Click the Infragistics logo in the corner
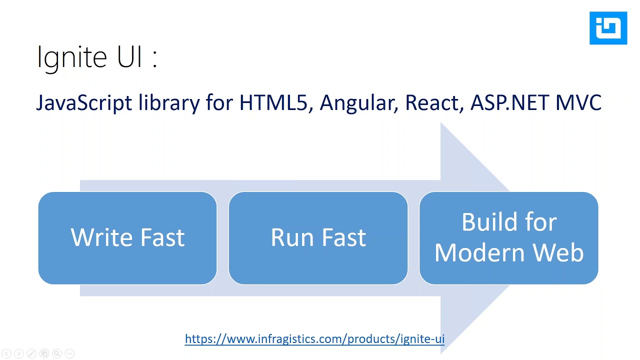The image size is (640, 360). click(608, 28)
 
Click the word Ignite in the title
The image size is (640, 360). click(72, 57)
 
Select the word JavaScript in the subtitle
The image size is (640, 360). click(83, 103)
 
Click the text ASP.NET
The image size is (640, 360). click(509, 103)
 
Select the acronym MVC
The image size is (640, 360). click(578, 103)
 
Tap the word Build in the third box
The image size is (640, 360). click(489, 222)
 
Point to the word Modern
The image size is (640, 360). click(477, 252)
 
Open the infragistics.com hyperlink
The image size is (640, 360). click(314, 339)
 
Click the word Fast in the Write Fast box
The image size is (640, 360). click(162, 237)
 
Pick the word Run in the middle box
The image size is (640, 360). click(292, 237)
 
